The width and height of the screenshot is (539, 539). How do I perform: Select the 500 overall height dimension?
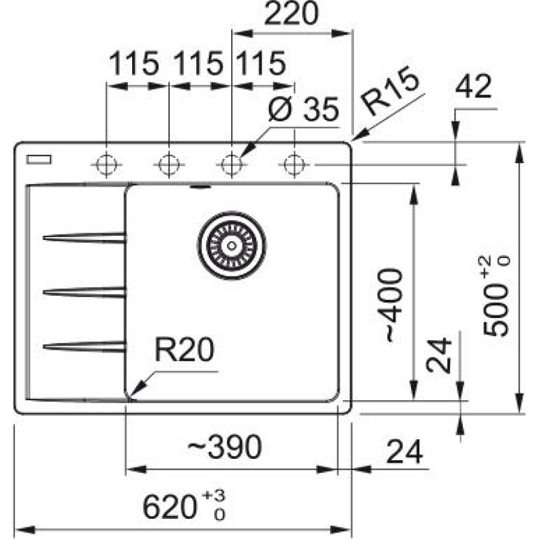[x=499, y=296]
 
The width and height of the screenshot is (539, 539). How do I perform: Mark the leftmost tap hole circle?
[x=106, y=164]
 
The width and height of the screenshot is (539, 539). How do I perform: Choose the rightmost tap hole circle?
[x=294, y=164]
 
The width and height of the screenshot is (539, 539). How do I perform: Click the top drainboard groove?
[x=85, y=236]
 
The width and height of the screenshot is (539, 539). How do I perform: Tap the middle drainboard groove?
[x=85, y=291]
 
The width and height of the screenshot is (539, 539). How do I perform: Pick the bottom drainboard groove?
[x=85, y=346]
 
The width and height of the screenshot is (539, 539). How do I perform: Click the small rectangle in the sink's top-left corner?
[x=38, y=159]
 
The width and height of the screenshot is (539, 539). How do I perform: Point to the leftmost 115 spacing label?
[x=134, y=65]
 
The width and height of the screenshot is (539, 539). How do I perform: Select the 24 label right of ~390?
[x=404, y=453]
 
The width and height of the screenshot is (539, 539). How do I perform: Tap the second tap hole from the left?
[x=168, y=164]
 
